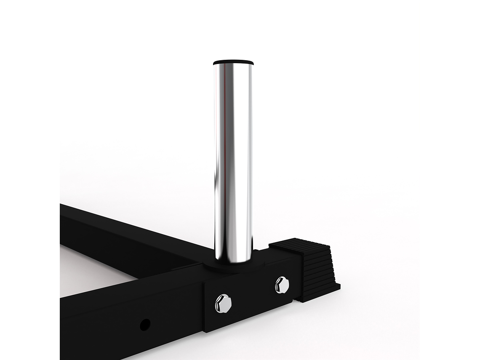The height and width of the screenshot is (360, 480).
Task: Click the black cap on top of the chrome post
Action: [233, 63]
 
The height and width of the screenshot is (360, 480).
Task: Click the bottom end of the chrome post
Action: [233, 258]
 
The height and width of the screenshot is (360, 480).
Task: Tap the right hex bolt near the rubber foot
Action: [281, 285]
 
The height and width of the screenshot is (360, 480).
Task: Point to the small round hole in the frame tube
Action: [145, 325]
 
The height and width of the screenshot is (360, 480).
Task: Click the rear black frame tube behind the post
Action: [126, 236]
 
